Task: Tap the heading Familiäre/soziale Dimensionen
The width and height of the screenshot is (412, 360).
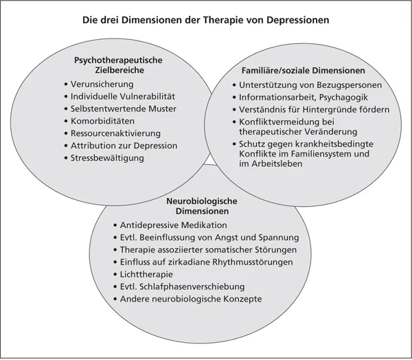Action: pyautogui.click(x=303, y=71)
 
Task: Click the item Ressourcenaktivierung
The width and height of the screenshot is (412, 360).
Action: pyautogui.click(x=116, y=133)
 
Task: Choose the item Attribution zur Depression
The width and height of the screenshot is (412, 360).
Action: pyautogui.click(x=124, y=146)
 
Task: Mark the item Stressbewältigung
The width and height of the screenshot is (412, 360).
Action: pyautogui.click(x=107, y=158)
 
